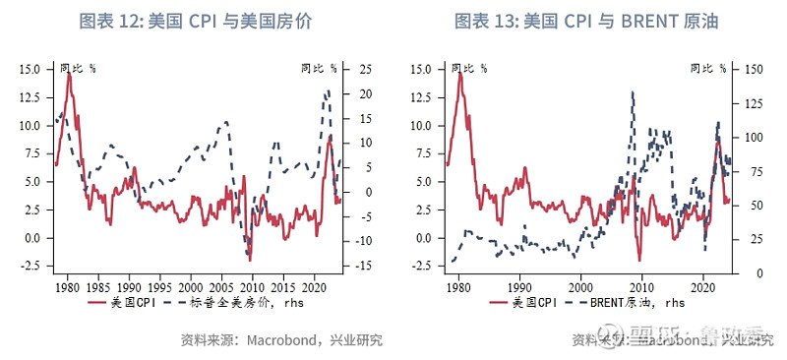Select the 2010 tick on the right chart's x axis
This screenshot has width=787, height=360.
tap(640, 284)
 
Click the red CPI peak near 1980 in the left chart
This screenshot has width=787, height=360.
tap(69, 73)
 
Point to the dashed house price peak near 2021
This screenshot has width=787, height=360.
tap(328, 91)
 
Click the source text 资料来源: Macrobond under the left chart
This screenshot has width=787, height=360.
tap(281, 341)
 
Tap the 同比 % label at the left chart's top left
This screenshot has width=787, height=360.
tap(78, 69)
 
